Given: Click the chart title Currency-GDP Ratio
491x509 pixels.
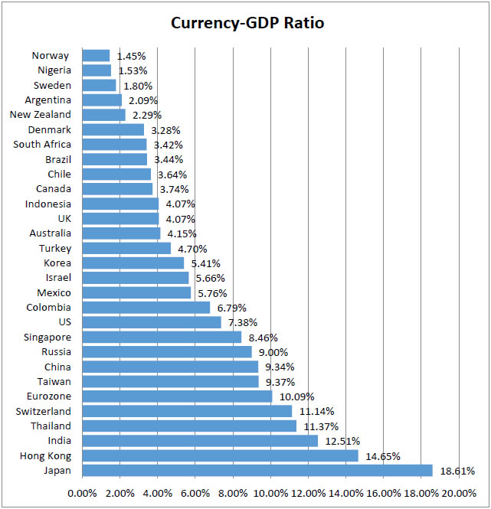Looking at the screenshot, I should point(247,23).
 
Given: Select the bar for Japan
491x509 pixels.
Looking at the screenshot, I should point(257,470).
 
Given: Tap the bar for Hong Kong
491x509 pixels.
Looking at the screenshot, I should point(219,455).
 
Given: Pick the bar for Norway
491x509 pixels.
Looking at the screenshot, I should point(96,55).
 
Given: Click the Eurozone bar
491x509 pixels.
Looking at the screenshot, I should point(176,396).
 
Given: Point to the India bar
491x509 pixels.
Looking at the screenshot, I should point(199,441).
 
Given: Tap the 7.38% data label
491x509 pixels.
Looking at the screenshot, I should point(244,322).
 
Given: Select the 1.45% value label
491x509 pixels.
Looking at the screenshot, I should point(131,56).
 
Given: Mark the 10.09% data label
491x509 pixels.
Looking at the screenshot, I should point(296,396).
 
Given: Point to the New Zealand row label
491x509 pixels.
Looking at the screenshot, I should point(41,115).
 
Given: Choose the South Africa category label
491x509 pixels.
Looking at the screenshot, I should point(42,144).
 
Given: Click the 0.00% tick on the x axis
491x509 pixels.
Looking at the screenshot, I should point(82,493).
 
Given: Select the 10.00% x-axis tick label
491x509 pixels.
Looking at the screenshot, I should point(270,493).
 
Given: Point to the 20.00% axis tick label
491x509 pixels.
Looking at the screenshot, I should point(459,493).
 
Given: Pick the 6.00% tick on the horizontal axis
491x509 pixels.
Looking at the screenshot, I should point(195,493).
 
